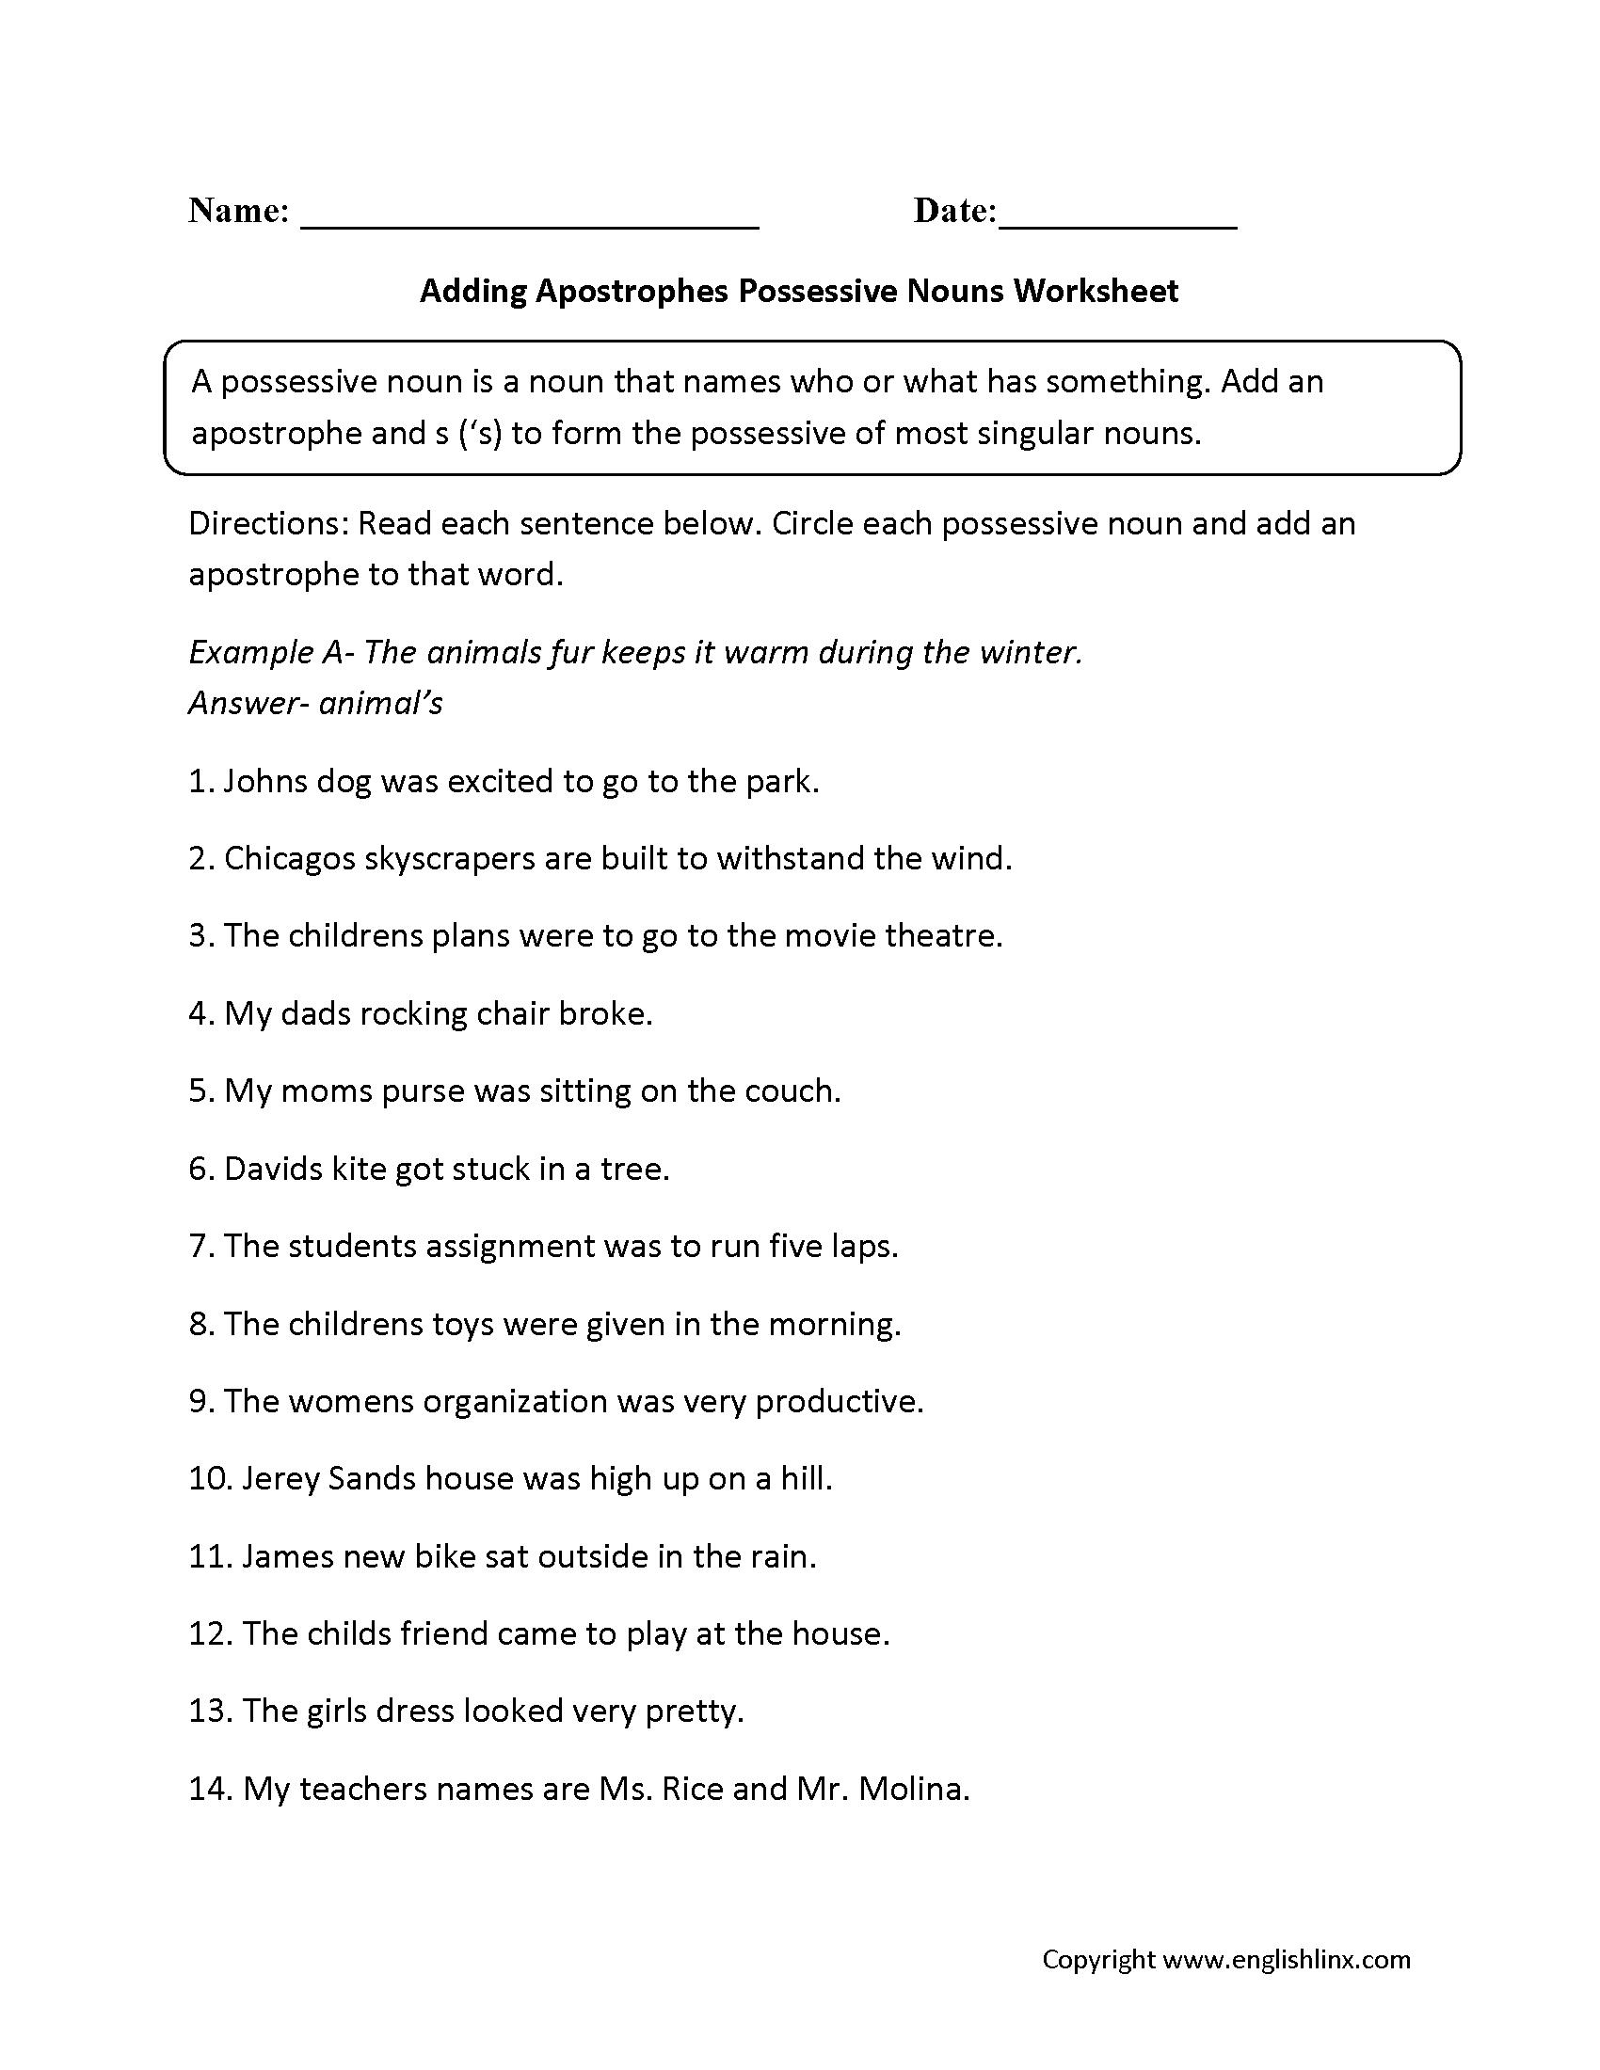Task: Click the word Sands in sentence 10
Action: click(372, 1479)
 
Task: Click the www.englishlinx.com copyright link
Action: click(1287, 1960)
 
